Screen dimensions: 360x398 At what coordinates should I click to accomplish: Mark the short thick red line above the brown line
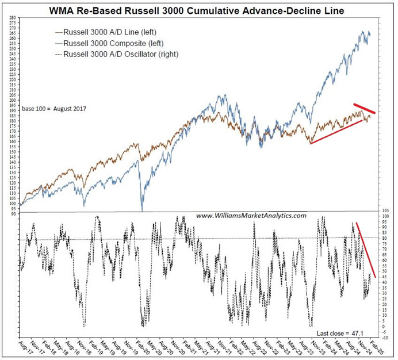365,108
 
